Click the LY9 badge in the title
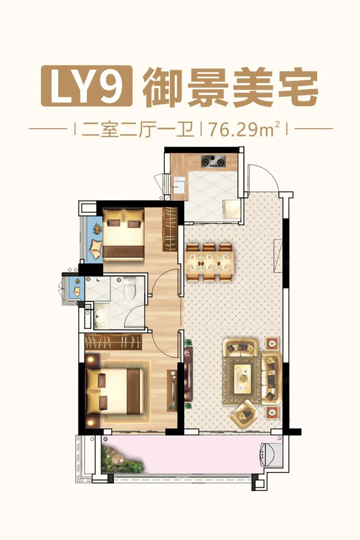(87, 86)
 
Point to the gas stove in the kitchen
(213, 161)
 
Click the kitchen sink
(180, 184)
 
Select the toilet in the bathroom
(130, 288)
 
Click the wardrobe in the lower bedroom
(113, 342)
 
